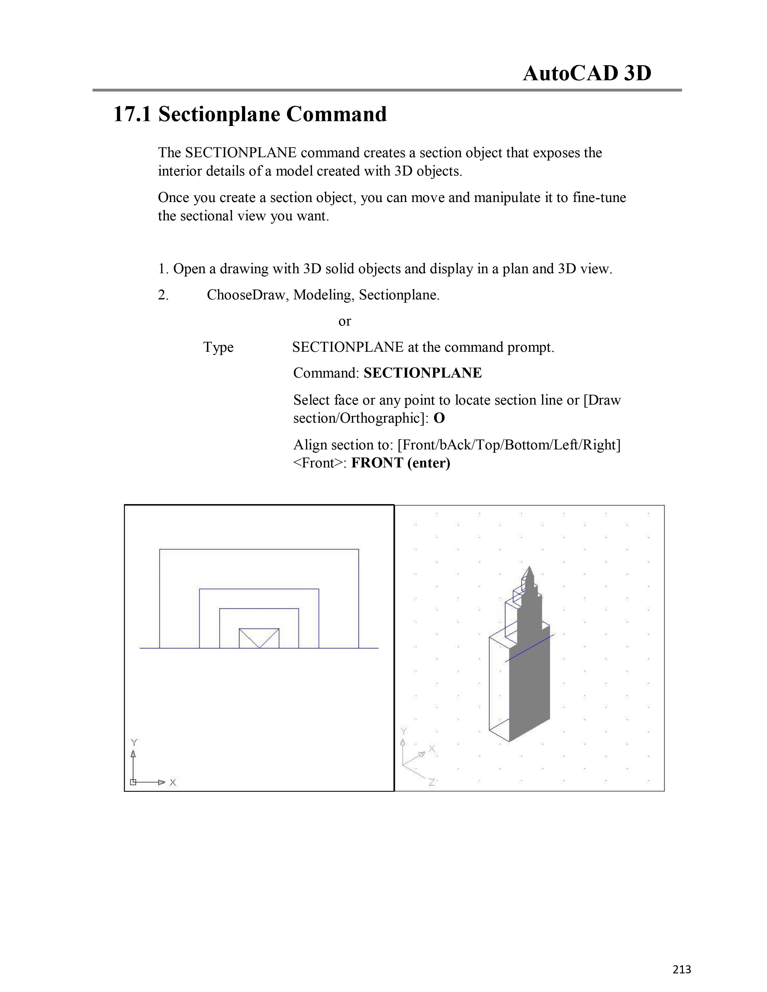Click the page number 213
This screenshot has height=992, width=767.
(682, 969)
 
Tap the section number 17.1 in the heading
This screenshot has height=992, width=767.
(132, 114)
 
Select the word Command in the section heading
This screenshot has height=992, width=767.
(336, 114)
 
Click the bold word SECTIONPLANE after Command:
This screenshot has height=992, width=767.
(423, 373)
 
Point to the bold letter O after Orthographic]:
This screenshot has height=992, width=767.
(439, 418)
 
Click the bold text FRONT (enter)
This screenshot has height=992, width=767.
(401, 463)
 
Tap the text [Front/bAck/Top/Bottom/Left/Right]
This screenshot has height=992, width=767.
(509, 445)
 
